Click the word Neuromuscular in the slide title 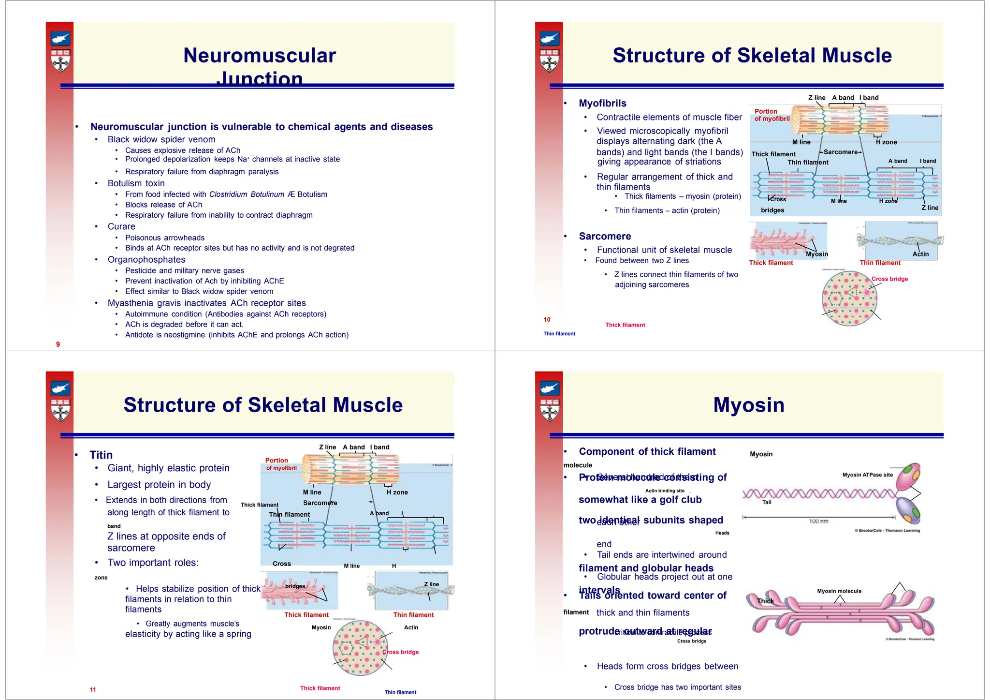point(260,56)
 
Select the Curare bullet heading point(121,226)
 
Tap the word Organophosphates point(146,260)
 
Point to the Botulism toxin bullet point(136,183)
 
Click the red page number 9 point(58,344)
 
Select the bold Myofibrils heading point(602,103)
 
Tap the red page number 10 point(547,320)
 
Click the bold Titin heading point(101,455)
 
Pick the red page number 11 point(93,689)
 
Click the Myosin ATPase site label point(867,475)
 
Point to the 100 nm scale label point(818,521)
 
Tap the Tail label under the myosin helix point(767,503)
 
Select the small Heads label point(722,533)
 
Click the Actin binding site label point(665,491)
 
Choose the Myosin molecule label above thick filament point(839,591)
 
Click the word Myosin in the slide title point(749,405)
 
